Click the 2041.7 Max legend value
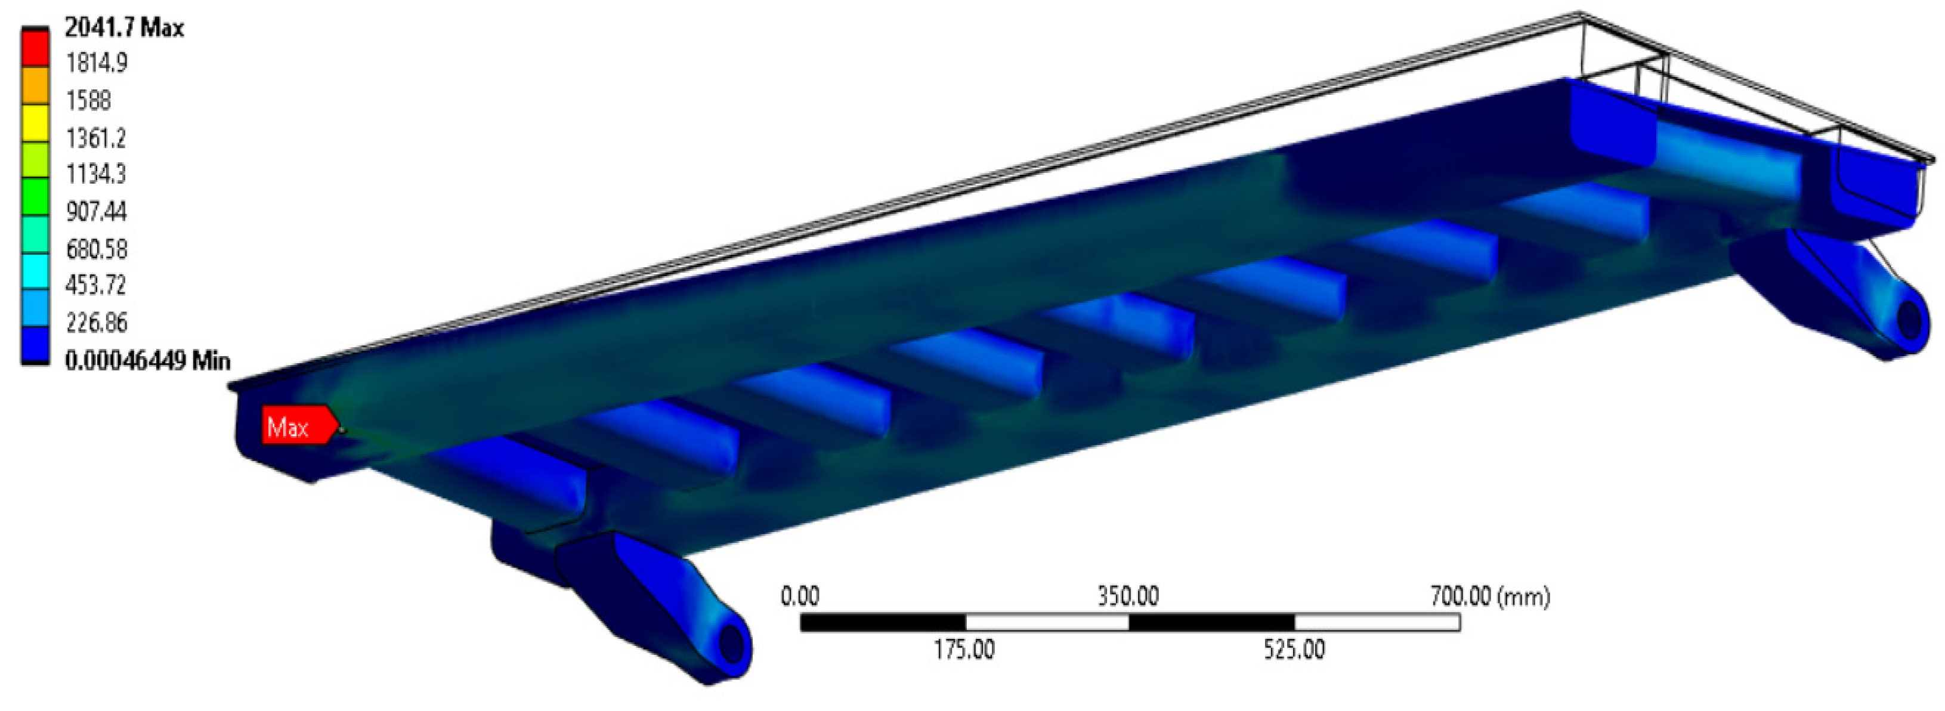point(125,28)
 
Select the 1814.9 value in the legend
point(97,63)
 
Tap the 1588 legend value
point(88,100)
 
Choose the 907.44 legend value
point(97,211)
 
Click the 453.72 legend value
point(96,285)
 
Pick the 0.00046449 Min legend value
point(148,361)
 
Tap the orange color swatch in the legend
point(35,85)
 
